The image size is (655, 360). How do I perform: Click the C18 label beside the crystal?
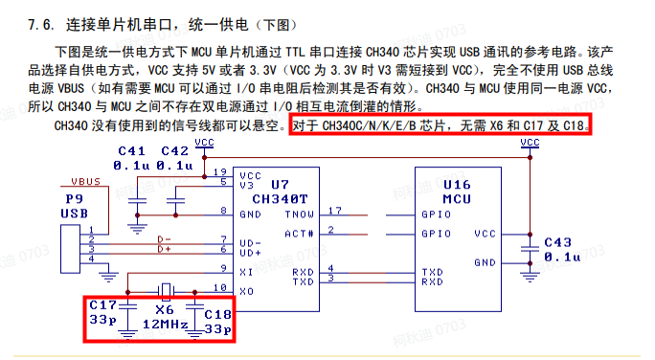[x=217, y=314]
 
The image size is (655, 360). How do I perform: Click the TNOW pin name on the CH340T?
[x=299, y=214]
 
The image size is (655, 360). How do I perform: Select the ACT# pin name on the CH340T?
[x=300, y=232]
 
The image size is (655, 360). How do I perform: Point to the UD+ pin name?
[x=251, y=253]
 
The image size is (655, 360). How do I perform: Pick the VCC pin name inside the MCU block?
[x=485, y=233]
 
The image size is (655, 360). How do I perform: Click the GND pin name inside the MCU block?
[x=485, y=261]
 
